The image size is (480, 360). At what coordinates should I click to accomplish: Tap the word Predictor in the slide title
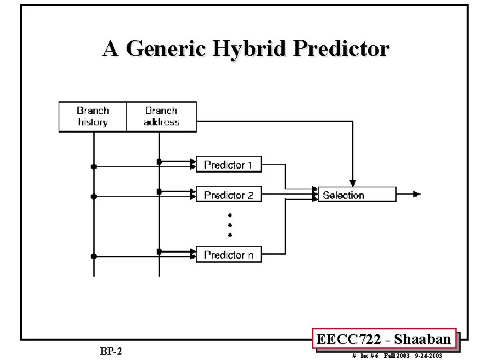tap(339, 49)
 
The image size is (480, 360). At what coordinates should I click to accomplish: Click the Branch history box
tap(93, 117)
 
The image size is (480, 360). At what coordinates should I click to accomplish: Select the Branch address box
tap(161, 117)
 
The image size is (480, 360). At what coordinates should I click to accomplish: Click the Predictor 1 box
tap(228, 165)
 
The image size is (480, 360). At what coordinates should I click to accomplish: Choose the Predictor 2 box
tap(228, 195)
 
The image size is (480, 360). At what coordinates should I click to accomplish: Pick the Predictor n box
tap(228, 255)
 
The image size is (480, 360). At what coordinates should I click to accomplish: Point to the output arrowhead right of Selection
tap(417, 195)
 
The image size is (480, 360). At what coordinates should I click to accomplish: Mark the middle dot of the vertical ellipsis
tap(229, 225)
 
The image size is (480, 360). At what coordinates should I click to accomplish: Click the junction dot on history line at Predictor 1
tap(93, 166)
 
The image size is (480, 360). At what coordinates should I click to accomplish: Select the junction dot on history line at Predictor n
tap(93, 256)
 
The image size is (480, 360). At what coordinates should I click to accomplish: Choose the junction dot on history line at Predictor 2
tap(93, 197)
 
